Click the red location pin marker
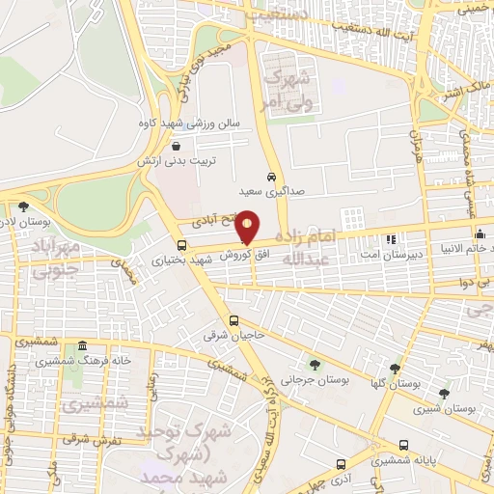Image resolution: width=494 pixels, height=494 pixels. click(249, 228)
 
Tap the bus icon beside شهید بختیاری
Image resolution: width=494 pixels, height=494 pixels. click(182, 245)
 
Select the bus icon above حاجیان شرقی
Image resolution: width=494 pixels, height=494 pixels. click(233, 321)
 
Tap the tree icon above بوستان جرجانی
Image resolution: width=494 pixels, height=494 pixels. click(316, 364)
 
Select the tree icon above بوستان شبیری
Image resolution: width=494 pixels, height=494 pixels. click(444, 394)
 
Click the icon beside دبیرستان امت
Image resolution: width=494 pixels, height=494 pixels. click(391, 238)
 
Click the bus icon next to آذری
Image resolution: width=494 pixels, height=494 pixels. click(340, 464)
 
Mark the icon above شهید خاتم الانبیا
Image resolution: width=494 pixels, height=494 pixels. click(480, 234)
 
